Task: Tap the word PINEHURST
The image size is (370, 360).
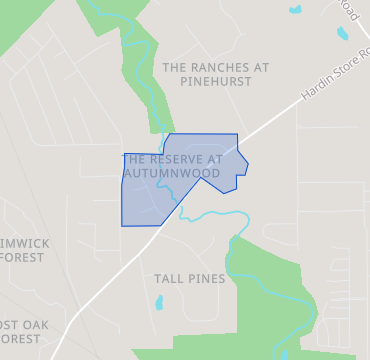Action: click(x=216, y=82)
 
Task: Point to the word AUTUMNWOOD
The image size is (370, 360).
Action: click(x=171, y=173)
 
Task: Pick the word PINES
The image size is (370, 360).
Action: click(x=205, y=278)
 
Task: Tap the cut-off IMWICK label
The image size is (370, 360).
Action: click(x=22, y=243)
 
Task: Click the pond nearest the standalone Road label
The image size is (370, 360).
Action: click(x=343, y=33)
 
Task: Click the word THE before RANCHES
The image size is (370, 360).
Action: click(x=175, y=67)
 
